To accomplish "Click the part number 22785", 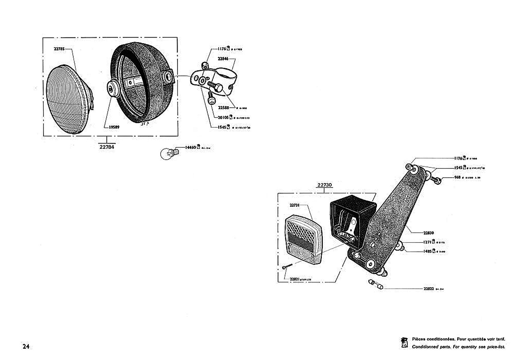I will pos(59,49).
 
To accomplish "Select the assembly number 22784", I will pos(107,147).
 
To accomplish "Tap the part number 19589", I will pos(114,127).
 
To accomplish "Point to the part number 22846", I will pos(223,59).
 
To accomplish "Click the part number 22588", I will pos(223,107).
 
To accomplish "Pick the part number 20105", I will pos(223,117).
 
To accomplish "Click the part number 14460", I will pos(190,147).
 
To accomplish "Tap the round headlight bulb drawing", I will pos(167,154).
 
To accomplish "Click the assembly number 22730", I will pos(324,185).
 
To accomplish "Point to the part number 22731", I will pos(294,205).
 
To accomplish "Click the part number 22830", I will pos(429,233).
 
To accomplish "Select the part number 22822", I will pos(429,289).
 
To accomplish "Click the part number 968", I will pos(457,177).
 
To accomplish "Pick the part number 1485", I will pos(427,251).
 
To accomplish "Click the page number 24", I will pos(26,346).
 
